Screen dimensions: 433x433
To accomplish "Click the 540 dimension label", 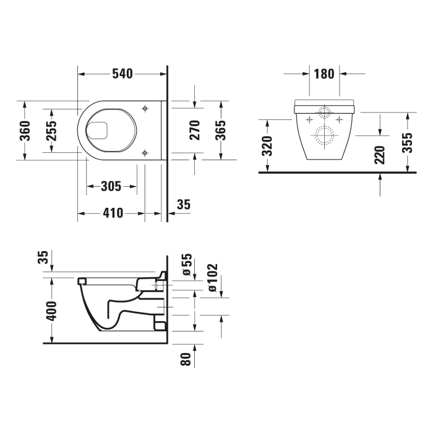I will [122, 74].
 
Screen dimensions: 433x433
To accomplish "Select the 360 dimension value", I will [25, 130].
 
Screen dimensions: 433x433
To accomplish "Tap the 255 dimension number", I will [52, 131].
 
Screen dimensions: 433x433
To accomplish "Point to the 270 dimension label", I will [195, 130].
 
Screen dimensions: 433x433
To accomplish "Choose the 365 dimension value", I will [221, 130].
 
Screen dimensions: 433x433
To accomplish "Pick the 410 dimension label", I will [111, 213].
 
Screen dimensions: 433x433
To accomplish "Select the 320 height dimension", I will [267, 145].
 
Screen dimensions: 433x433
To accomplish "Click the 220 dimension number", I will [380, 155].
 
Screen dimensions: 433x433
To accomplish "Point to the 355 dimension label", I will [407, 143].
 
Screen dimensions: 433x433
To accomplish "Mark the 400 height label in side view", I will [52, 310].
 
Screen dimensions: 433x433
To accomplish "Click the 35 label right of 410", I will [183, 204].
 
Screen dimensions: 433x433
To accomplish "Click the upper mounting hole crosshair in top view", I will [145, 109].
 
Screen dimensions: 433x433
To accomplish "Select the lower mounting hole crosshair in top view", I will [145, 152].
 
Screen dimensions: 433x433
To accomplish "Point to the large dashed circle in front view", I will [325, 135].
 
